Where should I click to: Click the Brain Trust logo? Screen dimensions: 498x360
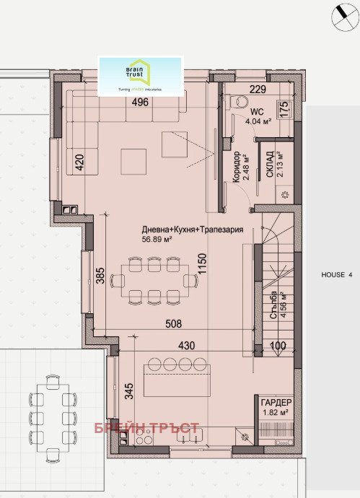pos(143,75)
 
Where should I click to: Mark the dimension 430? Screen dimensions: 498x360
pos(188,346)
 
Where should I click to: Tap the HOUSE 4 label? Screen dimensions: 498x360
pos(337,275)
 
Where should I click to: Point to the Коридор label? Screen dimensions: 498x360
pos(237,167)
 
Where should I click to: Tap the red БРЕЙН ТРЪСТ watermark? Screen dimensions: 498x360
pos(146,429)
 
